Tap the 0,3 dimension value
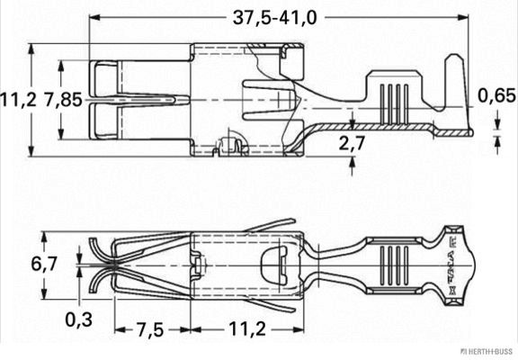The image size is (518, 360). [79, 318]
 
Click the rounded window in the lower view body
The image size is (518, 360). [268, 266]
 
